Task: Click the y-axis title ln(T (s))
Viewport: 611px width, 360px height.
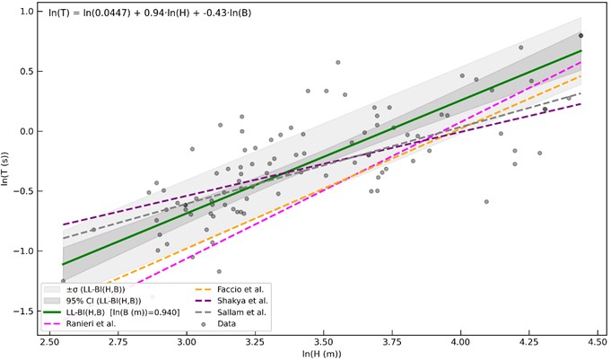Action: [x=10, y=171]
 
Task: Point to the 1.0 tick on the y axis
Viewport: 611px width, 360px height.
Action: [x=25, y=12]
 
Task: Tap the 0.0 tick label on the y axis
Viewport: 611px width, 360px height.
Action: [x=25, y=131]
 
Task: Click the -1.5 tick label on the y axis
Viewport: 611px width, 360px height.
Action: [x=23, y=311]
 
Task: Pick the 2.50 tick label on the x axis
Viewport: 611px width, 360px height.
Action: [x=49, y=340]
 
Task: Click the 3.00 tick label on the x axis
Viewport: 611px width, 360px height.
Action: [x=187, y=340]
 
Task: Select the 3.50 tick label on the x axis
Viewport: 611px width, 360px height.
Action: [x=324, y=340]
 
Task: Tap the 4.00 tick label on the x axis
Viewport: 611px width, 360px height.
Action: [x=461, y=340]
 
